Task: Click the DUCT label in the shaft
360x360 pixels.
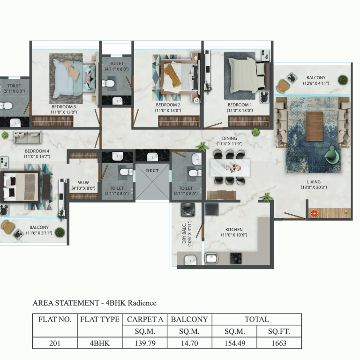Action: (x=152, y=171)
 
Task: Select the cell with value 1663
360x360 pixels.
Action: (x=279, y=343)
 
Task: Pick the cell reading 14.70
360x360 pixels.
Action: (x=189, y=343)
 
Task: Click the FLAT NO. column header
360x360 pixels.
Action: (x=54, y=320)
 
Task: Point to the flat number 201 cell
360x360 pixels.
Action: (x=54, y=343)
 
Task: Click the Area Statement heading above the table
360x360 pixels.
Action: (x=94, y=303)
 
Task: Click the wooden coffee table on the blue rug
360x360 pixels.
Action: (x=314, y=126)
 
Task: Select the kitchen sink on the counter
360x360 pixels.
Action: (x=211, y=258)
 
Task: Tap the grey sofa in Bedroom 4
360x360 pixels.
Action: (x=27, y=137)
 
